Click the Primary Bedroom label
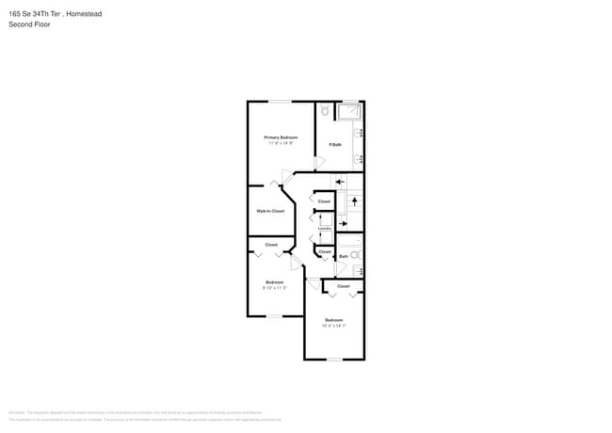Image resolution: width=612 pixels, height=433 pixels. pyautogui.click(x=281, y=137)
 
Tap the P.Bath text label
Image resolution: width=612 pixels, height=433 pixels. pyautogui.click(x=335, y=144)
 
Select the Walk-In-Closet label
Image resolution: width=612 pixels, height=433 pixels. pyautogui.click(x=270, y=211)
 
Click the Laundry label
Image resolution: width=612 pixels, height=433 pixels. pyautogui.click(x=324, y=228)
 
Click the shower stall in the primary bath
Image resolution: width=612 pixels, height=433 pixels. pyautogui.click(x=349, y=111)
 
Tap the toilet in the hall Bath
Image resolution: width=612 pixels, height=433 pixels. pyautogui.click(x=356, y=255)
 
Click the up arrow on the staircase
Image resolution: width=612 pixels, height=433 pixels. pyautogui.click(x=355, y=200)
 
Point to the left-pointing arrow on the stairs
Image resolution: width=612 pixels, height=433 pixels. pyautogui.click(x=340, y=180)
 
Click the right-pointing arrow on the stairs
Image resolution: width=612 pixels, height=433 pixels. pyautogui.click(x=342, y=223)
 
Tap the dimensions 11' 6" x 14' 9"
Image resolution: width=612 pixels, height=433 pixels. pyautogui.click(x=281, y=143)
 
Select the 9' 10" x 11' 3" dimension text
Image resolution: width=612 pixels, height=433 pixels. pyautogui.click(x=275, y=288)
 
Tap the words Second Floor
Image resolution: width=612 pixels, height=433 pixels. pyautogui.click(x=30, y=24)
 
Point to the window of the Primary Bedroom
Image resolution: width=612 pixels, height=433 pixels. pyautogui.click(x=281, y=102)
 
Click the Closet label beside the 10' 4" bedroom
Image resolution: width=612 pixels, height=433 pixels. pyautogui.click(x=343, y=286)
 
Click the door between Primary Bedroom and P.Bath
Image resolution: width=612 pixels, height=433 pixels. pyautogui.click(x=319, y=162)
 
